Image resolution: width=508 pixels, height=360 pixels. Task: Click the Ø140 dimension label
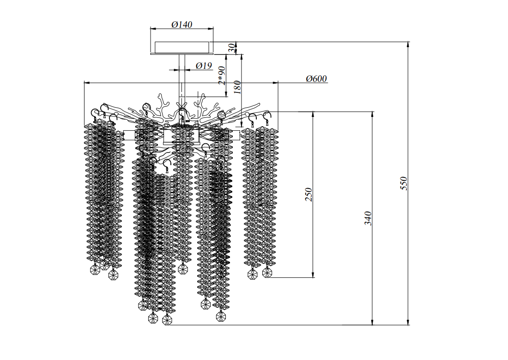click(182, 24)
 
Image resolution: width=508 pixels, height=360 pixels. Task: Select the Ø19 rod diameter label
click(204, 66)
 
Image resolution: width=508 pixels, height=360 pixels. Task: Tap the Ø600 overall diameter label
click(316, 79)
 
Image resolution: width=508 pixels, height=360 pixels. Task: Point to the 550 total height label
click(403, 183)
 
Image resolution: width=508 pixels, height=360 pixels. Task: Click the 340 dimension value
click(368, 218)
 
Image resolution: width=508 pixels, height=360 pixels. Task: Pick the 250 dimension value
click(309, 194)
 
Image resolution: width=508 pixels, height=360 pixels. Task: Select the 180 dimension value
click(237, 87)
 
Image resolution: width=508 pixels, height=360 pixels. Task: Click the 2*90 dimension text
click(222, 76)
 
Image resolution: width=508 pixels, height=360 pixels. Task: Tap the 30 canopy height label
click(232, 49)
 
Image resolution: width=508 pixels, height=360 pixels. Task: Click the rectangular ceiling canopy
click(182, 48)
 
